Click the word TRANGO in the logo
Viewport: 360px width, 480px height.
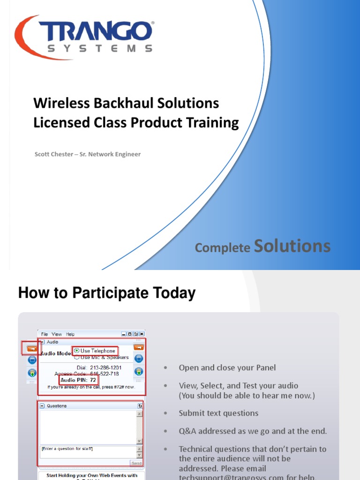[x=96, y=32]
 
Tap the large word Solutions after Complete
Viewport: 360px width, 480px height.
[x=292, y=246]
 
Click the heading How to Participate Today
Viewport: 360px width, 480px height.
[x=106, y=293]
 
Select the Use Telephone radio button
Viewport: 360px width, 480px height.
[x=77, y=351]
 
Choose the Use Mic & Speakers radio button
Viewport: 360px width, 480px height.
[x=77, y=357]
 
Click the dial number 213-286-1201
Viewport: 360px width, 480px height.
[x=105, y=367]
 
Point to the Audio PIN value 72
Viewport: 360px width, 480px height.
[x=93, y=380]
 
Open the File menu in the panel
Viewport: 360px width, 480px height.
[x=45, y=334]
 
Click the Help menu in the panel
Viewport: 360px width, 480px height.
[x=70, y=334]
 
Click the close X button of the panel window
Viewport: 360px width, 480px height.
[x=142, y=334]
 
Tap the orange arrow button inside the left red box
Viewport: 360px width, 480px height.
[x=32, y=348]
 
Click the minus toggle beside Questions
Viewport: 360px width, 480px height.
[x=42, y=406]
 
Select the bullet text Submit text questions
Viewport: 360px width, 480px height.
[x=218, y=413]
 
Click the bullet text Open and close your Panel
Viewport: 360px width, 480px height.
[x=227, y=367]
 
